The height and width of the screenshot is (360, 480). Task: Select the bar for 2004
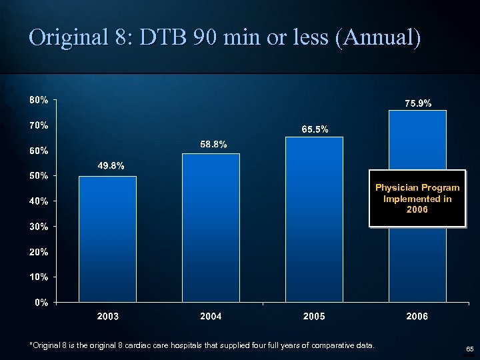click(211, 227)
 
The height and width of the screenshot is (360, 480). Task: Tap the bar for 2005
click(314, 219)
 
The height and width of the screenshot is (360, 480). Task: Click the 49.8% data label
click(111, 166)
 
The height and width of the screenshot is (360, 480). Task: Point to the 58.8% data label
click(213, 143)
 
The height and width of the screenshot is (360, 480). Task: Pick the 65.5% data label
click(315, 129)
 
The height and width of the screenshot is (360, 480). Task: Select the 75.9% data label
click(418, 103)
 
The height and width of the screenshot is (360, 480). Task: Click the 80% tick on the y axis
click(38, 100)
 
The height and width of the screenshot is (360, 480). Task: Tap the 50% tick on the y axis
click(38, 176)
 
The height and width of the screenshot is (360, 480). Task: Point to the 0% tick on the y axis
click(41, 302)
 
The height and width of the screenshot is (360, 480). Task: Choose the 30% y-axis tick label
click(38, 227)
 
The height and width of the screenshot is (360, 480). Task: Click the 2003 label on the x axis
click(108, 317)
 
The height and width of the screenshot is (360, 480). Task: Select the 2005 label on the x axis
click(314, 317)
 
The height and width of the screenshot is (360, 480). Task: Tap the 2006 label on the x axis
click(417, 317)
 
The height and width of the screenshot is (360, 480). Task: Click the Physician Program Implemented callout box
click(417, 199)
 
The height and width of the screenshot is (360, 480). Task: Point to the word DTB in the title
click(161, 38)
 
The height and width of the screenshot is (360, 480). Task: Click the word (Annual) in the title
click(378, 38)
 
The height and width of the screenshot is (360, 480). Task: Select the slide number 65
click(469, 349)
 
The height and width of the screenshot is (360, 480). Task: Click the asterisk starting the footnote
click(31, 345)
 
